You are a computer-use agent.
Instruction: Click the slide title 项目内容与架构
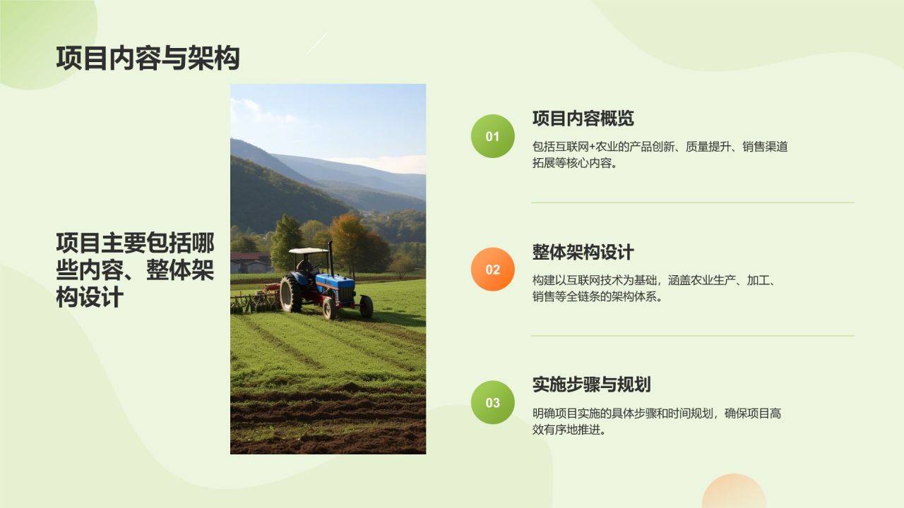click(148, 59)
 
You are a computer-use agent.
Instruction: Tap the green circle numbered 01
click(492, 136)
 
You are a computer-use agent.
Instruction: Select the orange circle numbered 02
click(492, 270)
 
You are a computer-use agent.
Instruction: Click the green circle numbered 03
click(492, 403)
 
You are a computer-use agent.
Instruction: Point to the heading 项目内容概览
click(583, 119)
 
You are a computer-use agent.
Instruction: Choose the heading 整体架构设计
click(583, 252)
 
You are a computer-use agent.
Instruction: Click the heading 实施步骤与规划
click(591, 385)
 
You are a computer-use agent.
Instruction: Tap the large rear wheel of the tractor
click(291, 293)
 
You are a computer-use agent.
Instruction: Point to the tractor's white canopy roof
click(309, 251)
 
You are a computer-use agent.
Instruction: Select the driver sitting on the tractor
click(305, 266)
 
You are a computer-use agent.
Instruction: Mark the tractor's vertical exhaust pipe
click(330, 258)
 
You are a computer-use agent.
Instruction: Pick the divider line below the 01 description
click(692, 202)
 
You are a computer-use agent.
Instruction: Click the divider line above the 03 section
click(692, 336)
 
